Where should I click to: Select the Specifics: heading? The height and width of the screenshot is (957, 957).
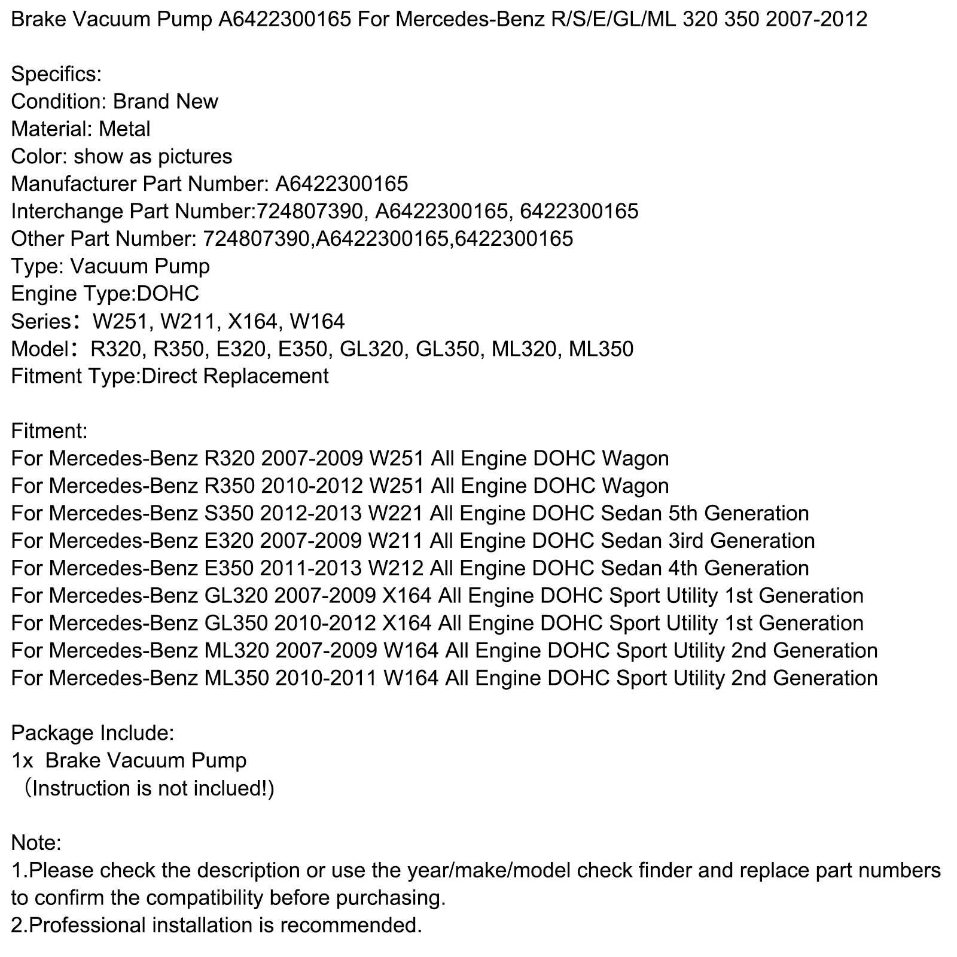[x=56, y=74]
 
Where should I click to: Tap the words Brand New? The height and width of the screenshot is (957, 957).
[x=166, y=102]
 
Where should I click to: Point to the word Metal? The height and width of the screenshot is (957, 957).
[x=124, y=129]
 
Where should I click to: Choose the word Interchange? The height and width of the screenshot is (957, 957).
[x=66, y=211]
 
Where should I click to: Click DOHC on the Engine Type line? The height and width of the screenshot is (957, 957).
[x=168, y=294]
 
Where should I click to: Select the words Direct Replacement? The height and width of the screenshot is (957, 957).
[x=235, y=376]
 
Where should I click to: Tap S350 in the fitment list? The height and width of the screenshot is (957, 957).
[x=227, y=514]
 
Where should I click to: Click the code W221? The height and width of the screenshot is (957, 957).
[x=396, y=514]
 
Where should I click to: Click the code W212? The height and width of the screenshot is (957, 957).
[x=396, y=568]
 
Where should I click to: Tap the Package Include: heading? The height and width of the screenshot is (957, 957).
[x=93, y=733]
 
